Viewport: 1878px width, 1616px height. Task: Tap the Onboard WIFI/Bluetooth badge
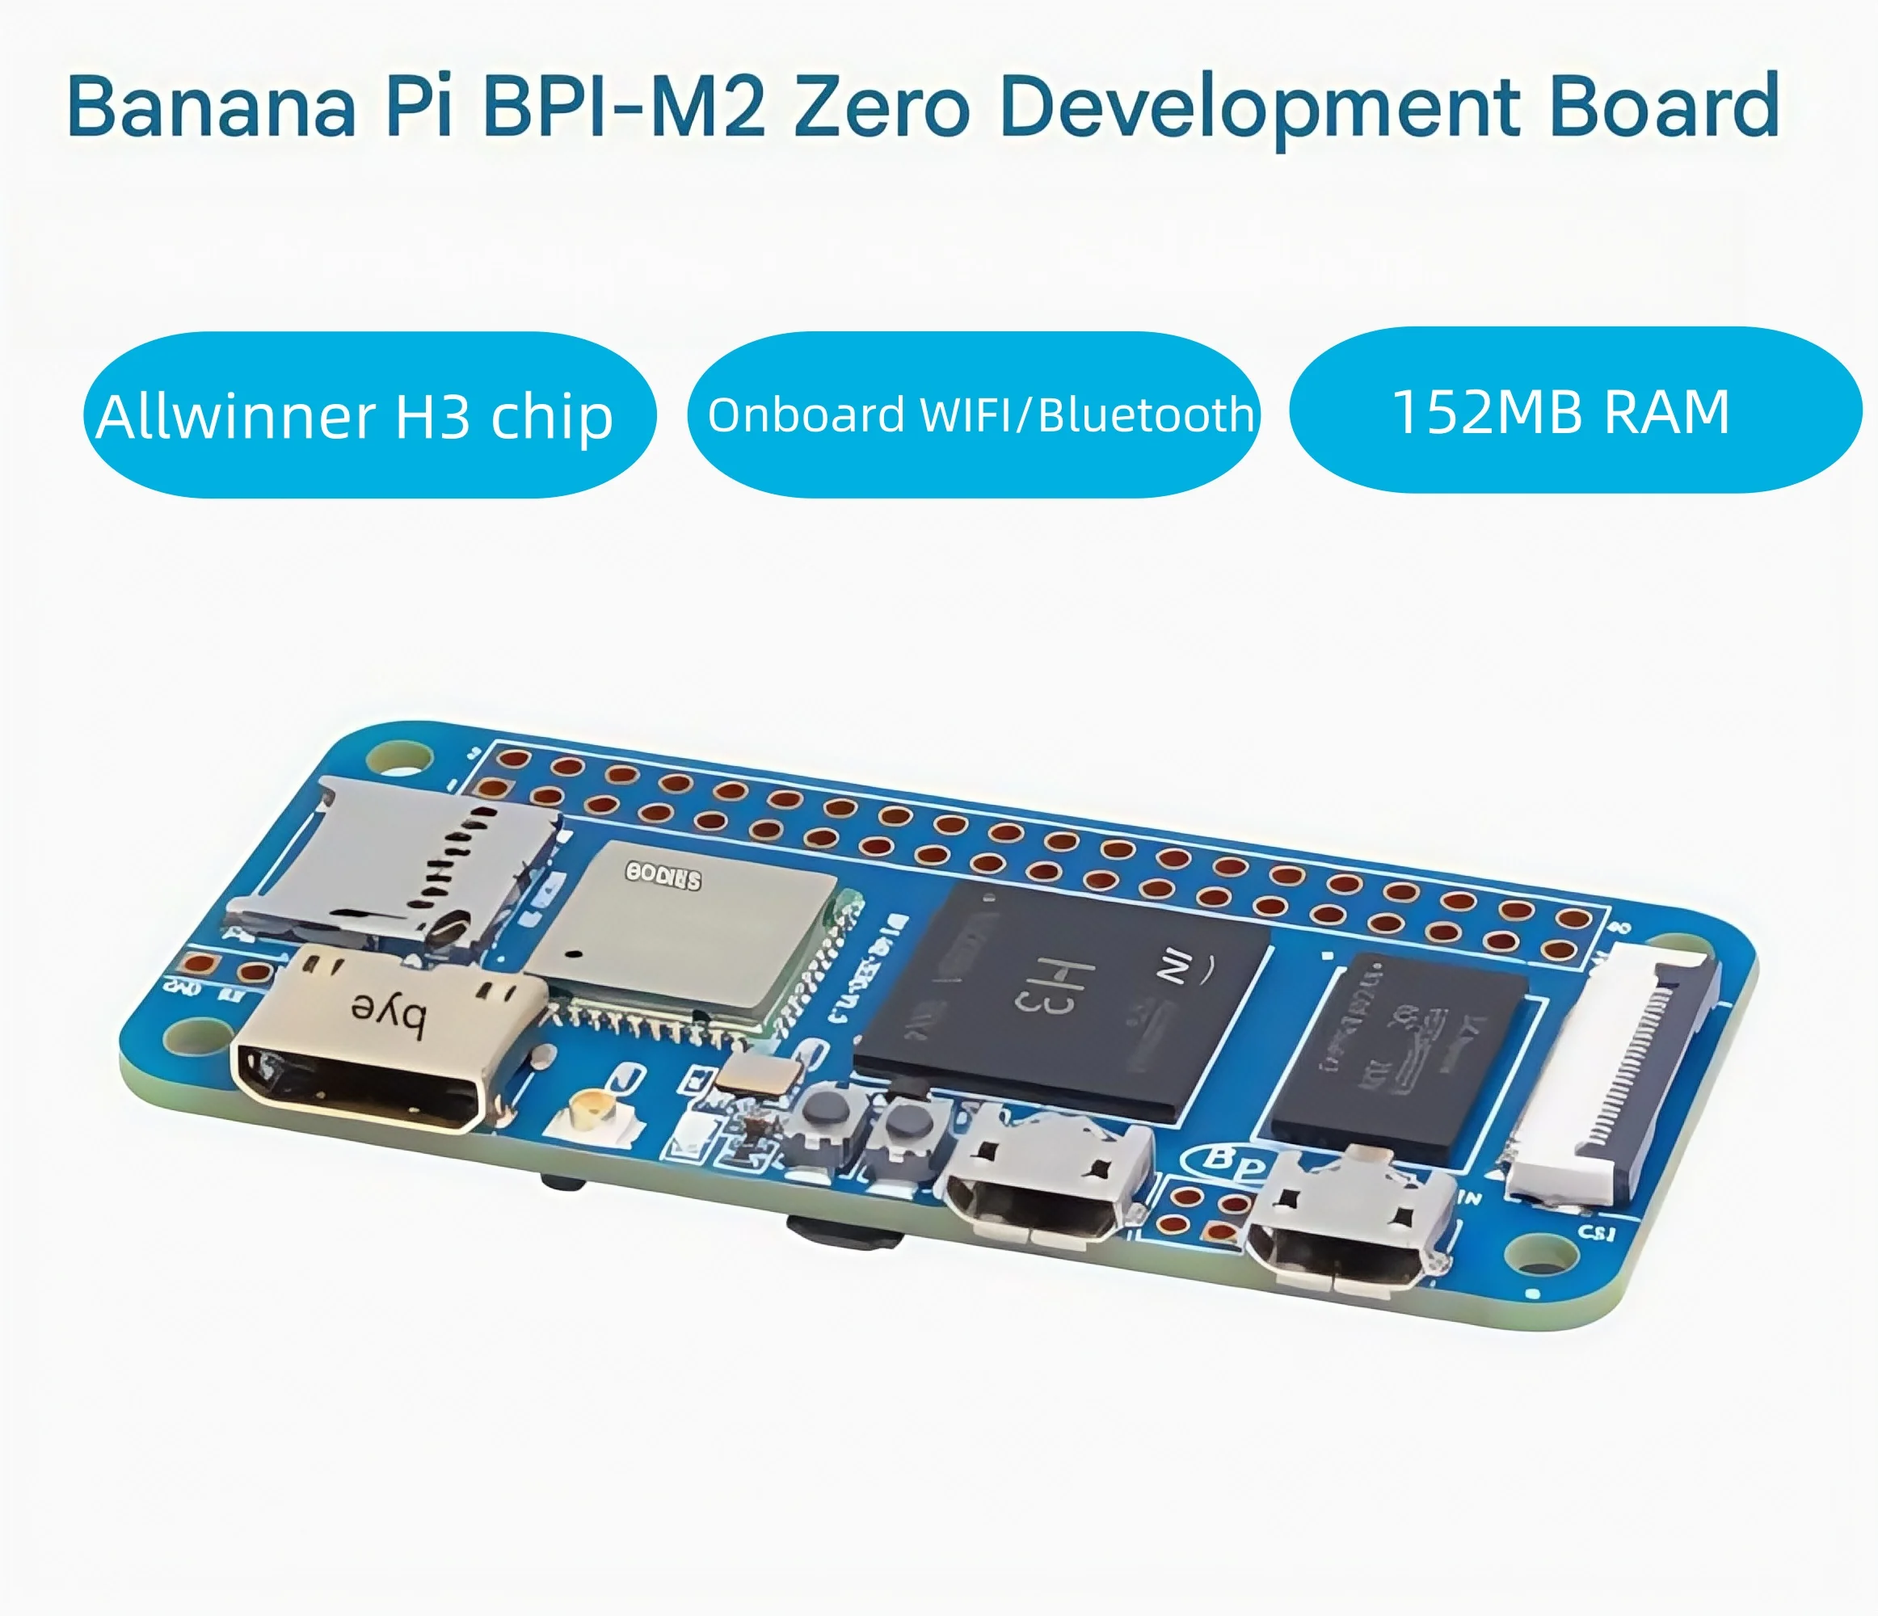coord(974,415)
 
